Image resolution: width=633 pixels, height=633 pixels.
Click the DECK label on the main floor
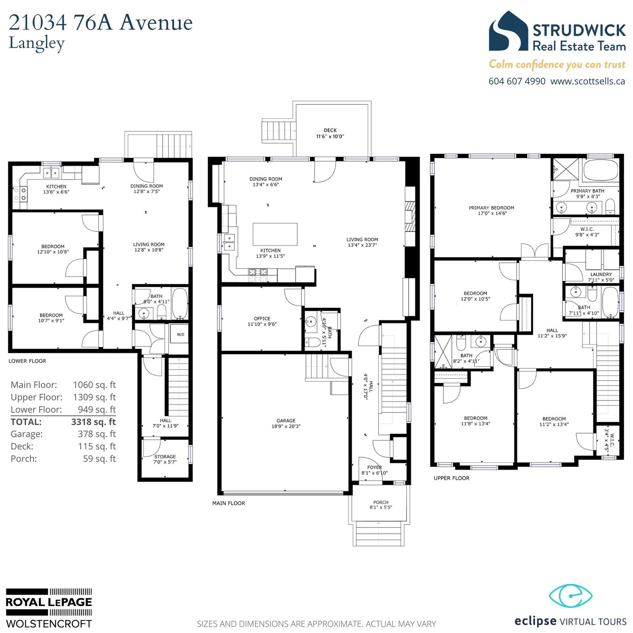[330, 130]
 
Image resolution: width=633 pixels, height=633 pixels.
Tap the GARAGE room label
[286, 421]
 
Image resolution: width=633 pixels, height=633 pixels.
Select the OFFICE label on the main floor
[262, 318]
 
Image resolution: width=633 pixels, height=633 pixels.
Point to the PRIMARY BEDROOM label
[491, 208]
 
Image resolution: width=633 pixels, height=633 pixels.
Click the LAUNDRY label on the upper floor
[601, 274]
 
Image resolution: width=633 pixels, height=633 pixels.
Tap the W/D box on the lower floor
[180, 335]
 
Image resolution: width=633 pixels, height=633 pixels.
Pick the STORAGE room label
[165, 457]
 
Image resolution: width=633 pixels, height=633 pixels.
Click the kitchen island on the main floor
[275, 235]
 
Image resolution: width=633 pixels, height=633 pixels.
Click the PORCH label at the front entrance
[381, 502]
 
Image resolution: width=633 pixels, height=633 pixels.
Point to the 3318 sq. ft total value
[93, 422]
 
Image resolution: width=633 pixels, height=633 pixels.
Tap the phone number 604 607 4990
[517, 81]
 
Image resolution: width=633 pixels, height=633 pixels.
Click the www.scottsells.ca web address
[588, 81]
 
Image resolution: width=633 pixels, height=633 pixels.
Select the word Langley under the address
[36, 44]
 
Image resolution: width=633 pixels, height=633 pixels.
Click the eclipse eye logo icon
[570, 596]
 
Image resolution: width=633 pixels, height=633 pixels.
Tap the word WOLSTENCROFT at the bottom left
[49, 624]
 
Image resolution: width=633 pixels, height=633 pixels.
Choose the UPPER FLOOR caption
[451, 478]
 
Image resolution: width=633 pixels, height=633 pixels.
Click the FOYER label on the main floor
[374, 467]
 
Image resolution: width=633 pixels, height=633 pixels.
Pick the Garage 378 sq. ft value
[97, 434]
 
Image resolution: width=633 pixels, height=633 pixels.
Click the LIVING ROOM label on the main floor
[362, 239]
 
